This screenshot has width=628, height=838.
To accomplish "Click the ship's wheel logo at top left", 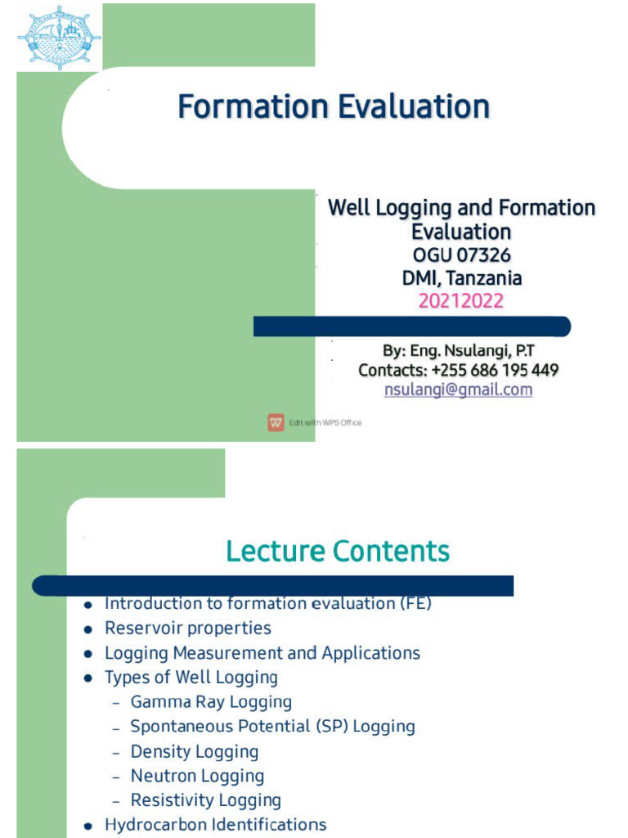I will pyautogui.click(x=60, y=38).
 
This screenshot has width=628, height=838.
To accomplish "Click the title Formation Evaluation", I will pyautogui.click(x=334, y=107).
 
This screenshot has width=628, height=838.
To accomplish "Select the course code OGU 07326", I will pyautogui.click(x=462, y=255).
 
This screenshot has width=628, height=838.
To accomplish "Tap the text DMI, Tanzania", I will pyautogui.click(x=462, y=278).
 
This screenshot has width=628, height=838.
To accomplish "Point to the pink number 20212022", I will pyautogui.click(x=461, y=301).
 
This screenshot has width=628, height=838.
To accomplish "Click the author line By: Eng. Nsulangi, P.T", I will pyautogui.click(x=458, y=350).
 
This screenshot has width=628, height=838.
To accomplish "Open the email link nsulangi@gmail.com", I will pyautogui.click(x=458, y=390).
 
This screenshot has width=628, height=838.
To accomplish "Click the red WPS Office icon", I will pyautogui.click(x=276, y=422).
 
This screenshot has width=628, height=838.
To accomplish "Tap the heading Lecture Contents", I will pyautogui.click(x=338, y=552).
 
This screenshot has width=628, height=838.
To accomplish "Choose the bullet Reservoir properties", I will pyautogui.click(x=187, y=628).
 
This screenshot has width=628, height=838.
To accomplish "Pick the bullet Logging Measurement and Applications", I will pyautogui.click(x=262, y=653).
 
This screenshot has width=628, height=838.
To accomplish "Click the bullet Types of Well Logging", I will pyautogui.click(x=191, y=678).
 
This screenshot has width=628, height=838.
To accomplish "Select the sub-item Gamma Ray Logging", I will pyautogui.click(x=211, y=702).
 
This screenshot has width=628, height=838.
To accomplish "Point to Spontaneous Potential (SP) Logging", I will pyautogui.click(x=272, y=727).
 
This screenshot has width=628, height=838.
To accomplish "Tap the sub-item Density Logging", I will pyautogui.click(x=194, y=751).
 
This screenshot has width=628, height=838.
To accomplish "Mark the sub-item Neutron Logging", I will pyautogui.click(x=197, y=776).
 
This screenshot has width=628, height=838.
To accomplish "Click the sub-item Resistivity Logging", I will pyautogui.click(x=205, y=800).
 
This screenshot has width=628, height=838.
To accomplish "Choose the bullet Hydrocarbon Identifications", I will pyautogui.click(x=215, y=825).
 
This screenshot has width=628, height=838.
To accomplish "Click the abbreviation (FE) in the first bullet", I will pyautogui.click(x=415, y=604).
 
